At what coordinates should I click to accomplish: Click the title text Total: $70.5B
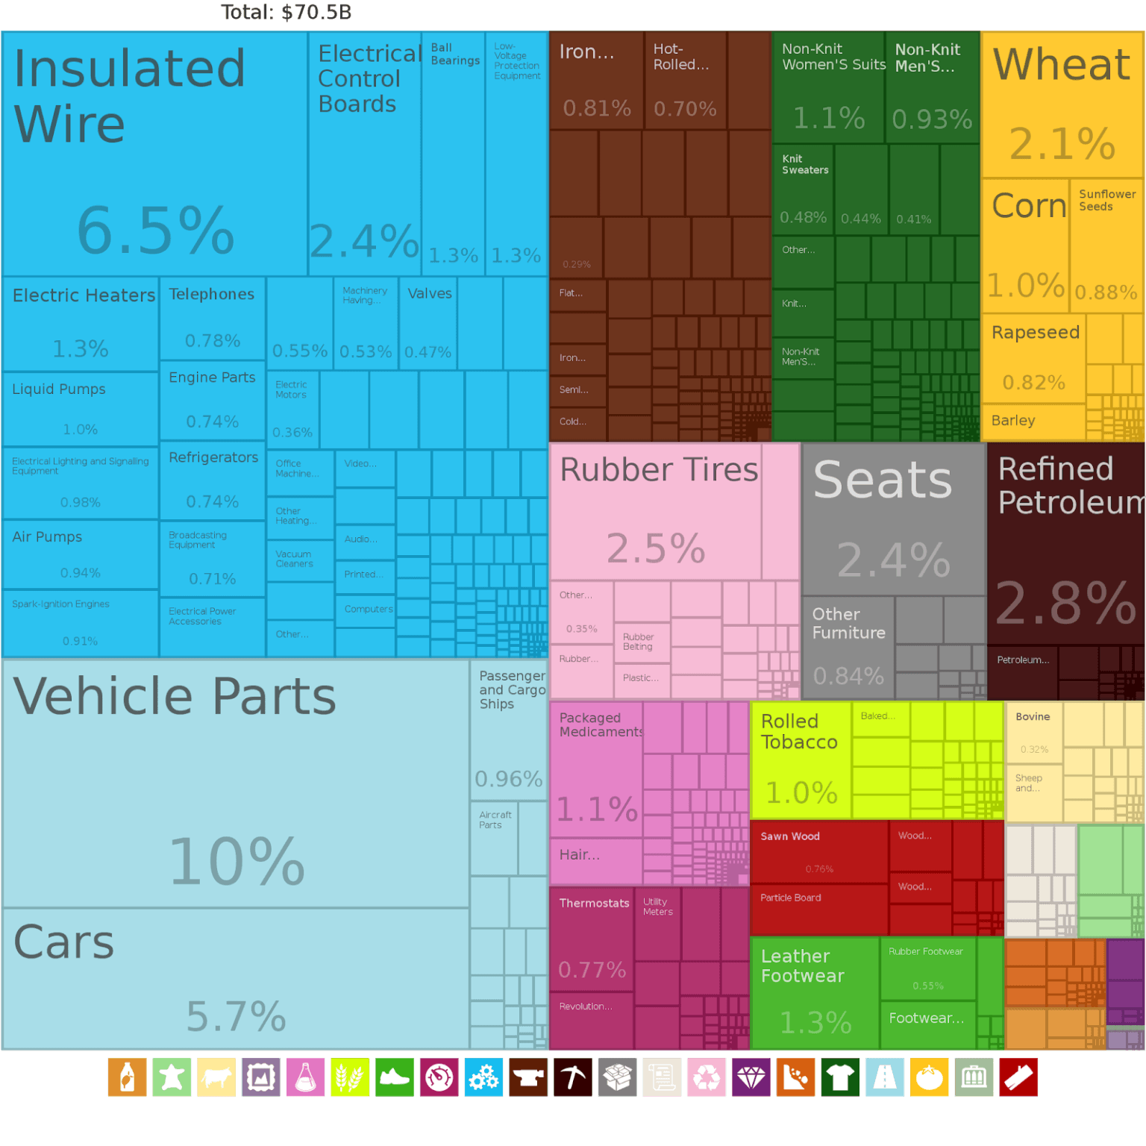coord(286,12)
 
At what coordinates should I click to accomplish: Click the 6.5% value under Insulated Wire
coord(155,231)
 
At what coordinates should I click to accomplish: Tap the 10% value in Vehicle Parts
coord(237,862)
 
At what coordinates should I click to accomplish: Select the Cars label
coord(64,942)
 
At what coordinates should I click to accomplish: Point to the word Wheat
coord(1061,65)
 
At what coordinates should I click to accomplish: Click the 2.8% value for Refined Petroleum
coord(1065,603)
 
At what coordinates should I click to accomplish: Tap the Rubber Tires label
coord(658,470)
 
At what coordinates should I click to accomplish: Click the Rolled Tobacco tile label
coord(799,732)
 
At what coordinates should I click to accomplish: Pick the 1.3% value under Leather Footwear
coord(815,1023)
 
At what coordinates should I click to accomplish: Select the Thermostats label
coord(594,904)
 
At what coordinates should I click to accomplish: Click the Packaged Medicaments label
coord(600,724)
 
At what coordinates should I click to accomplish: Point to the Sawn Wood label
coord(790,836)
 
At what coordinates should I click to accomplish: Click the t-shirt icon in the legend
coord(840,1077)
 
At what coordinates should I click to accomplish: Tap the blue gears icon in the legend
coord(483,1077)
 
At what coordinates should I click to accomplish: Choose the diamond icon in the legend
coord(751,1077)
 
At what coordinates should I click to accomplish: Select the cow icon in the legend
coord(216,1077)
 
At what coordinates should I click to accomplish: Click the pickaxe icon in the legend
coord(573,1077)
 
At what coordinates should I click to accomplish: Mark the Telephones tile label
coord(211,295)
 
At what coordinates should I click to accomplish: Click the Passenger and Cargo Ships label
coord(512,690)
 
